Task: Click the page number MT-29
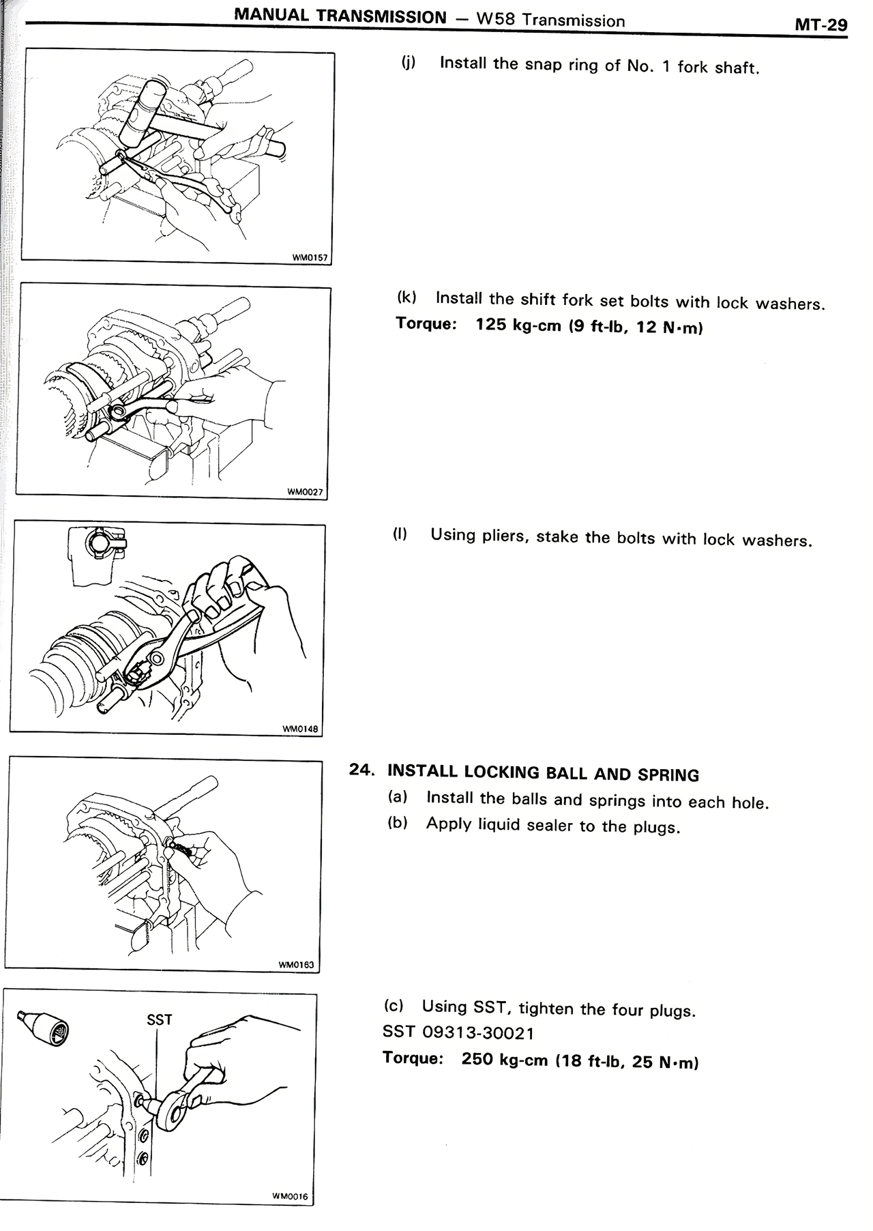point(821,25)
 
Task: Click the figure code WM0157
point(310,258)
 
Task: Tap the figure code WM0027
point(305,492)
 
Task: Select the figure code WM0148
point(300,728)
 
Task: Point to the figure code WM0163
point(296,965)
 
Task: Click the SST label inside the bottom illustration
point(160,1019)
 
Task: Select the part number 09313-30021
point(479,1033)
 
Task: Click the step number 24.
point(361,769)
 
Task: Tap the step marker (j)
point(408,63)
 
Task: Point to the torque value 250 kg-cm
point(505,1060)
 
